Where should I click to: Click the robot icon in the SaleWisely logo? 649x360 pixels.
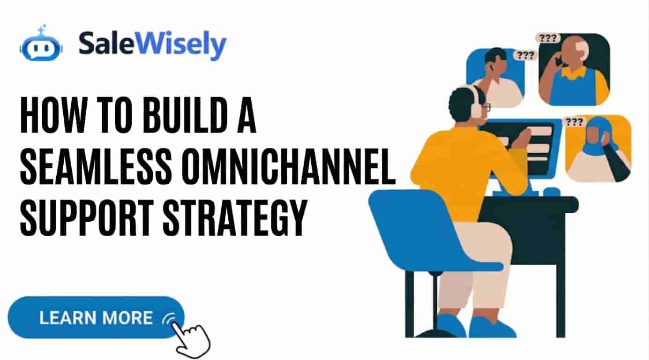click(40, 46)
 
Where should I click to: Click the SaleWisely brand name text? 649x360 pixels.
click(152, 45)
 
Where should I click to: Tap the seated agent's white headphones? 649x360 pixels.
click(477, 101)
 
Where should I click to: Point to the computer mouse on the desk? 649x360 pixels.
click(552, 192)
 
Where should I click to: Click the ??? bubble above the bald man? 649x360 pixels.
click(548, 38)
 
